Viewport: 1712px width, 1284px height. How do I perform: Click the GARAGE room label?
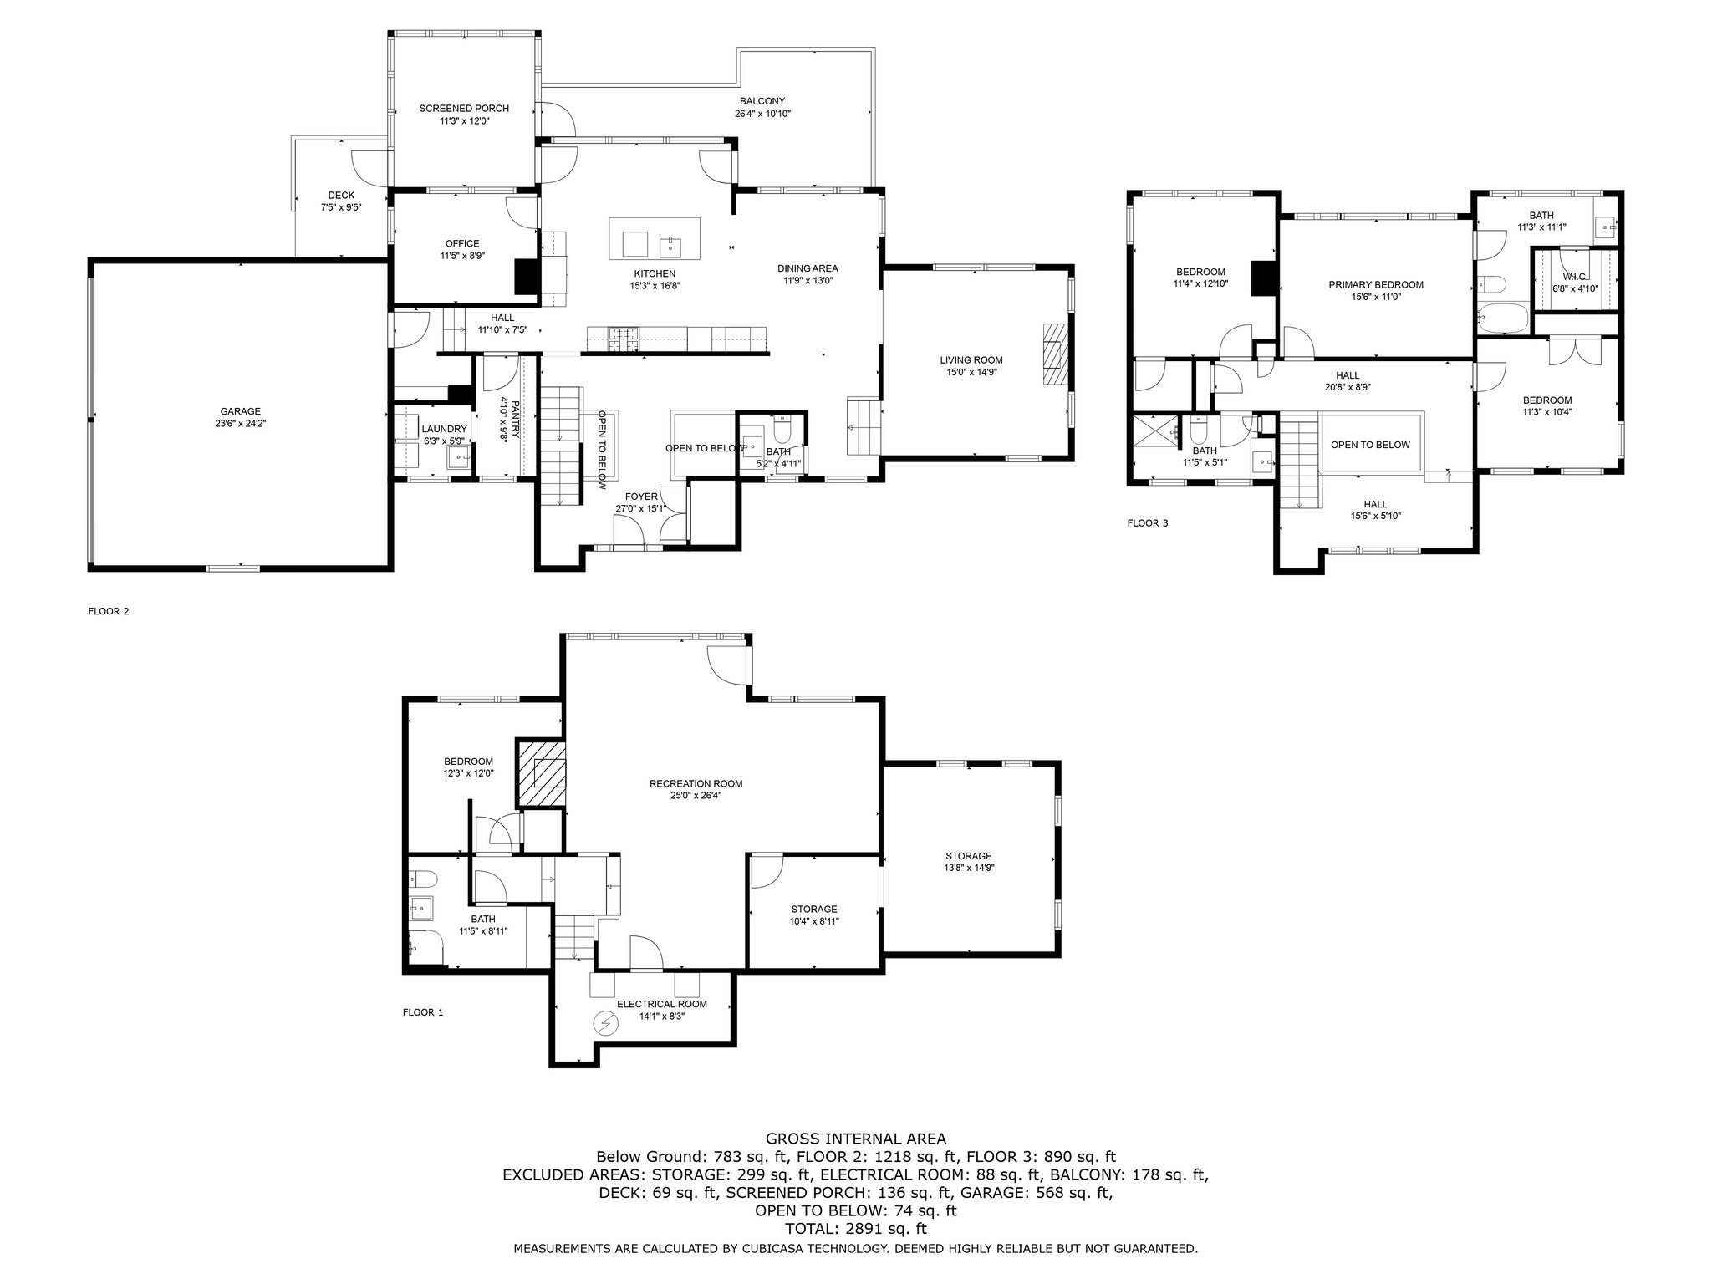pyautogui.click(x=241, y=411)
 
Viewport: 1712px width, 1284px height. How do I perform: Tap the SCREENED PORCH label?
pyautogui.click(x=464, y=109)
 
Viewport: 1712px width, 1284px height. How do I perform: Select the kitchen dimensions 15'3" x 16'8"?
pyautogui.click(x=655, y=286)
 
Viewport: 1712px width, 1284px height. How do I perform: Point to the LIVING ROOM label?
pyautogui.click(x=971, y=360)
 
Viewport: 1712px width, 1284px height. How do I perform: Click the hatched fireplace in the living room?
pyautogui.click(x=1056, y=354)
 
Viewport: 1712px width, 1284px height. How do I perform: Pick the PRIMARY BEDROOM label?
pyautogui.click(x=1376, y=285)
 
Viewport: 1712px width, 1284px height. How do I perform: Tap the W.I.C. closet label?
pyautogui.click(x=1575, y=277)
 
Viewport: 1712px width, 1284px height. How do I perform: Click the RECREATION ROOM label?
pyautogui.click(x=696, y=784)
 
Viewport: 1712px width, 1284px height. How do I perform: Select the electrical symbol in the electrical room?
pyautogui.click(x=605, y=1022)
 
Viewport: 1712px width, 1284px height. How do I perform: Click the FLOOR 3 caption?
pyautogui.click(x=1148, y=524)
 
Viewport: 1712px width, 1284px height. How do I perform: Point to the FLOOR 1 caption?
pyautogui.click(x=423, y=1012)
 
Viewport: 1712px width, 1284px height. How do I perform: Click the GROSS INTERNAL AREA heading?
pyautogui.click(x=856, y=1139)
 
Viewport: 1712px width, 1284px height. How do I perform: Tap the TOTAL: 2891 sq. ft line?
pyautogui.click(x=856, y=1230)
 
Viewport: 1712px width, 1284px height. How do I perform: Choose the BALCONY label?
pyautogui.click(x=762, y=101)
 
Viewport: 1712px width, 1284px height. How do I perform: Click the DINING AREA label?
pyautogui.click(x=808, y=268)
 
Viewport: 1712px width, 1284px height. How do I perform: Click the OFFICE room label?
pyautogui.click(x=462, y=244)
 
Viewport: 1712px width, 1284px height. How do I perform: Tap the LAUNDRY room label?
pyautogui.click(x=444, y=429)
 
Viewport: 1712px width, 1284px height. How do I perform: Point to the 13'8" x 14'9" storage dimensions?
pyautogui.click(x=969, y=868)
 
